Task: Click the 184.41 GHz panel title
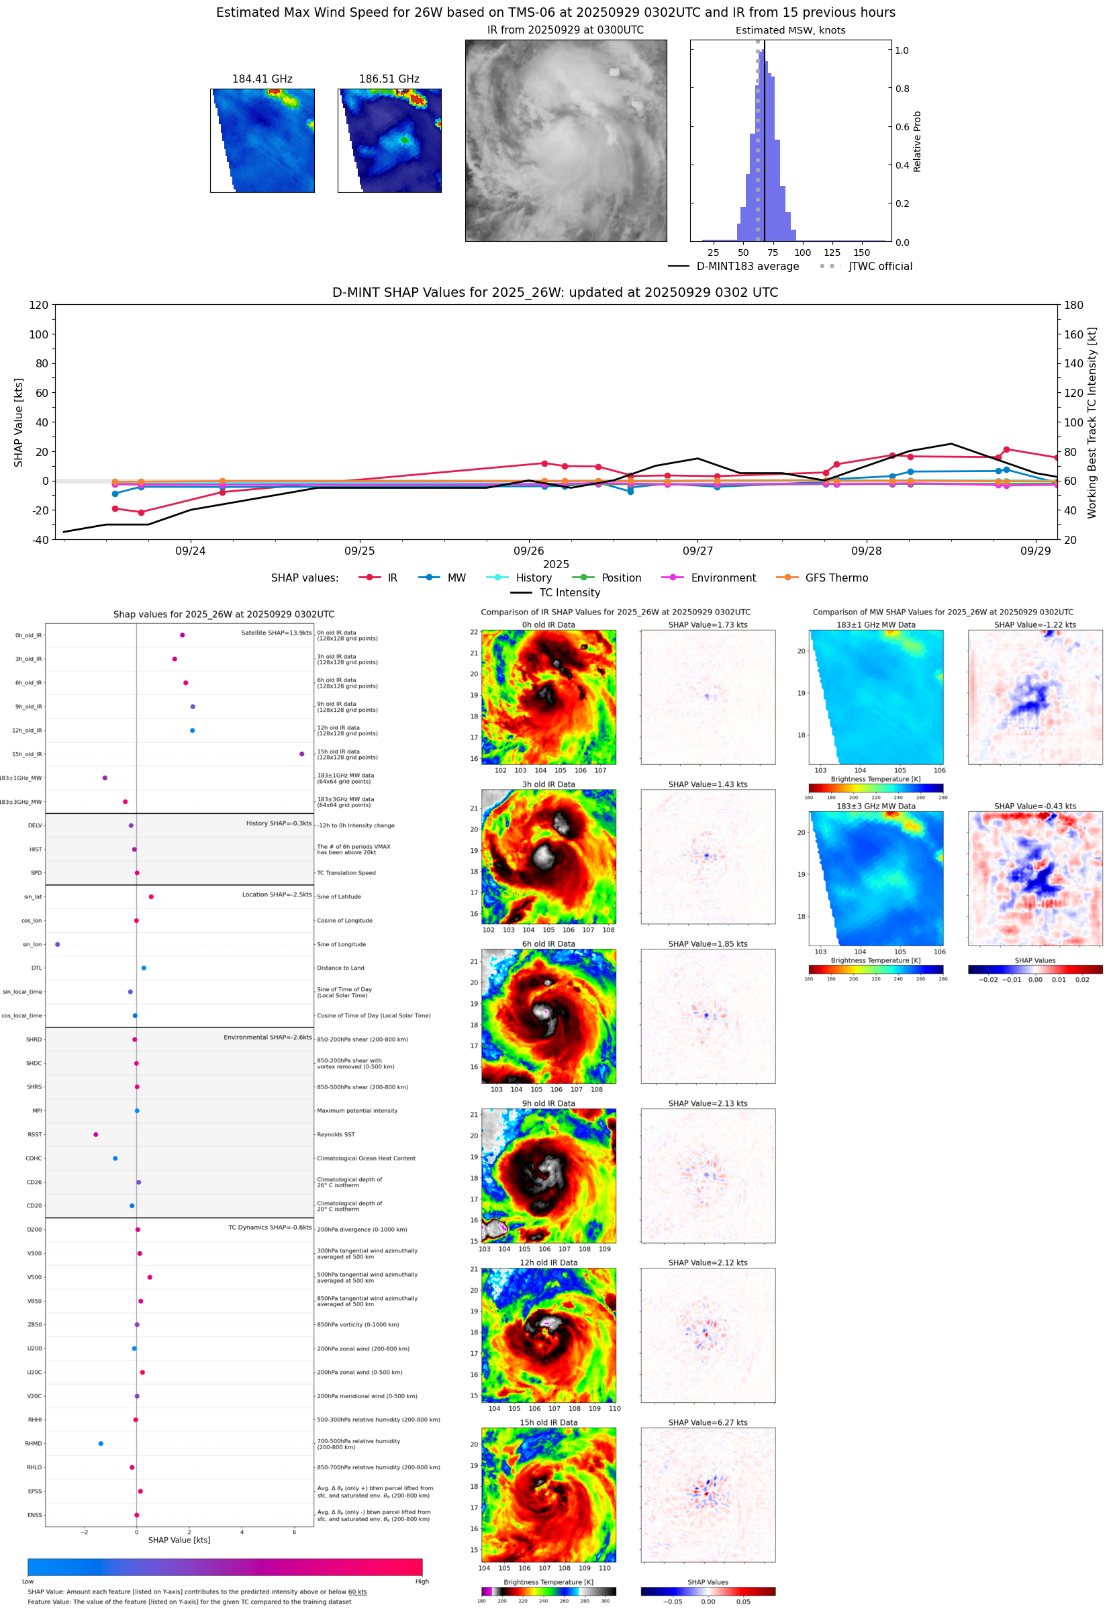click(x=262, y=79)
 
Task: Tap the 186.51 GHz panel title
click(x=389, y=79)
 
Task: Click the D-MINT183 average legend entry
click(x=747, y=266)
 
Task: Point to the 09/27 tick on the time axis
click(x=697, y=551)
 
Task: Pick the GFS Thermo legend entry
click(x=836, y=578)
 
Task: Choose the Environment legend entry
click(x=722, y=578)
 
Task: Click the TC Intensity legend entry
click(x=569, y=592)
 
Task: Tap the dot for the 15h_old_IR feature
click(x=301, y=754)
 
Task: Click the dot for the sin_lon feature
click(x=57, y=944)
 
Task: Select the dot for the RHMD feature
click(x=101, y=1443)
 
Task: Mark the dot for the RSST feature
click(x=96, y=1134)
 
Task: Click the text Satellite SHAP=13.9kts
click(x=276, y=633)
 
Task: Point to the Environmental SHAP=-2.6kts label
click(x=267, y=1037)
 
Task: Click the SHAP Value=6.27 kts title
click(x=708, y=1422)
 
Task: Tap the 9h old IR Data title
click(x=548, y=1103)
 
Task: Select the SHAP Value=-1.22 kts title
click(x=1034, y=625)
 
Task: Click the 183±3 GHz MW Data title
click(x=876, y=807)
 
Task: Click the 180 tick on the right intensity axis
click(x=1073, y=305)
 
